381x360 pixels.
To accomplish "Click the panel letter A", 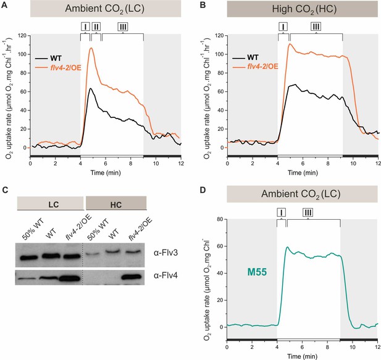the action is coord(4,5).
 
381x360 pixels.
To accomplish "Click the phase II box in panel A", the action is coord(96,27).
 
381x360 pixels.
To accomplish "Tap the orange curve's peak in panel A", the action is coord(91,48).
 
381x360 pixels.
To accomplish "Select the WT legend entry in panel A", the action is coord(49,58).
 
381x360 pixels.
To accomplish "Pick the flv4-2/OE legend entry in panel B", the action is coord(256,66).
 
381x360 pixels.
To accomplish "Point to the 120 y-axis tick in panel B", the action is coord(220,35).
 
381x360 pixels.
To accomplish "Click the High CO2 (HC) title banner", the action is coord(303,9).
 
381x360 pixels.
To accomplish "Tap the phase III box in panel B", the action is coord(316,27).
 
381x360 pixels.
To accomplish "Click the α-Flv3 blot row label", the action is coord(165,253).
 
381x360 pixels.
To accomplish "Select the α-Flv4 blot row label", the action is coord(165,275).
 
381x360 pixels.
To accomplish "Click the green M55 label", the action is coord(257,272).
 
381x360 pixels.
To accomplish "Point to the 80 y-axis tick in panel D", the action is coord(220,219).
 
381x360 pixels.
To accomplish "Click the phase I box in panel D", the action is coord(282,212).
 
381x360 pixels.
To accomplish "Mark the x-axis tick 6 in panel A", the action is coord(106,163).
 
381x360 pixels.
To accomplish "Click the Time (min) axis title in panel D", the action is coord(302,356).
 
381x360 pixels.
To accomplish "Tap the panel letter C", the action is coord(4,190).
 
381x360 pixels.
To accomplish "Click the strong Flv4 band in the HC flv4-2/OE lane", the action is coord(131,277).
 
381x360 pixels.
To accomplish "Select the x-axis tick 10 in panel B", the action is coord(353,163).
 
